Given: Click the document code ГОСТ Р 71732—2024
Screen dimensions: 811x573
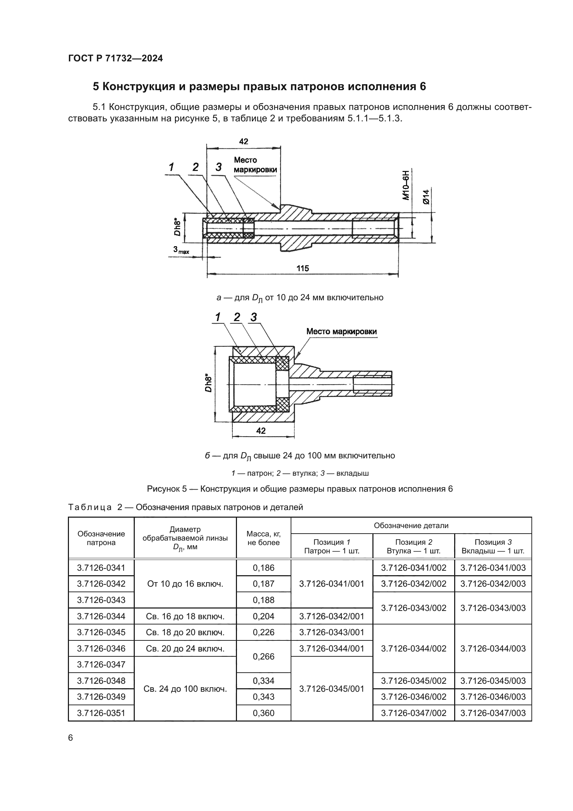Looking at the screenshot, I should [x=115, y=58].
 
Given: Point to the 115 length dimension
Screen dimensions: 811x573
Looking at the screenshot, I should [x=302, y=268].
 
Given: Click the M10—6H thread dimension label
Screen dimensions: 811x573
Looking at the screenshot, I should [x=406, y=186].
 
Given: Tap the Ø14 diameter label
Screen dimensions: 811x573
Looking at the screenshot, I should [x=426, y=197].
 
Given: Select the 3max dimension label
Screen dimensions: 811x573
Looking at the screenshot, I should [x=181, y=250].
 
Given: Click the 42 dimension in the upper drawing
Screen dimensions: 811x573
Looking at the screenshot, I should [x=244, y=142].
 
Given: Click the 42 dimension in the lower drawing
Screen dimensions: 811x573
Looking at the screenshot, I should [x=261, y=431].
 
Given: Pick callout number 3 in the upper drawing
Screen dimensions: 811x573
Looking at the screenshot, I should [x=218, y=167].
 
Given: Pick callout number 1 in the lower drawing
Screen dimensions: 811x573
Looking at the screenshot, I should [x=218, y=317].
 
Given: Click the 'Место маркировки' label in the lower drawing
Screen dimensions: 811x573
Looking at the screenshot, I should [x=341, y=331].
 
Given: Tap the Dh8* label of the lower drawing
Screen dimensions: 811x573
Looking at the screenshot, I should [x=209, y=383].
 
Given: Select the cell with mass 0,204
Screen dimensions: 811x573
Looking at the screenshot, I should [x=263, y=616].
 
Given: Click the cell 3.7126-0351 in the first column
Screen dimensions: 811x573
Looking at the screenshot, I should [x=101, y=713].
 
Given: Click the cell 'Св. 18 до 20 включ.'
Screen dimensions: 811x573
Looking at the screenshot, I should [x=185, y=632].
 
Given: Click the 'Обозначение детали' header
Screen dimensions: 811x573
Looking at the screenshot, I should [x=411, y=525].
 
